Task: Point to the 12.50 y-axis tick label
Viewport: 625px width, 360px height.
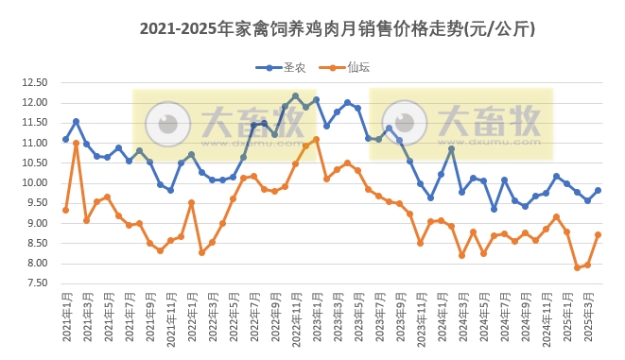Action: pos(35,82)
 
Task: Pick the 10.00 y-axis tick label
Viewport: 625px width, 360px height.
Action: pos(35,183)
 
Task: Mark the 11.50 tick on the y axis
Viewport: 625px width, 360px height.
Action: pos(35,123)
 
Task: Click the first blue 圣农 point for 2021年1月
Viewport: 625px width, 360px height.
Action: pos(65,139)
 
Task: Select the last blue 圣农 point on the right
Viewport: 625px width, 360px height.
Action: pos(598,190)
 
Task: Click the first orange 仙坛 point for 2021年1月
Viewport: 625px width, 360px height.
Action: pos(65,210)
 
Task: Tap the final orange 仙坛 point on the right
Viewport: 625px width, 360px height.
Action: pos(598,234)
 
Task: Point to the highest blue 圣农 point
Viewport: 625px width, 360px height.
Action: pos(295,95)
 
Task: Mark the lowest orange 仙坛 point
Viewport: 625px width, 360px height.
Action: pos(577,267)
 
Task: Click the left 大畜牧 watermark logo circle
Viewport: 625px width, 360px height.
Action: pos(168,124)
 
